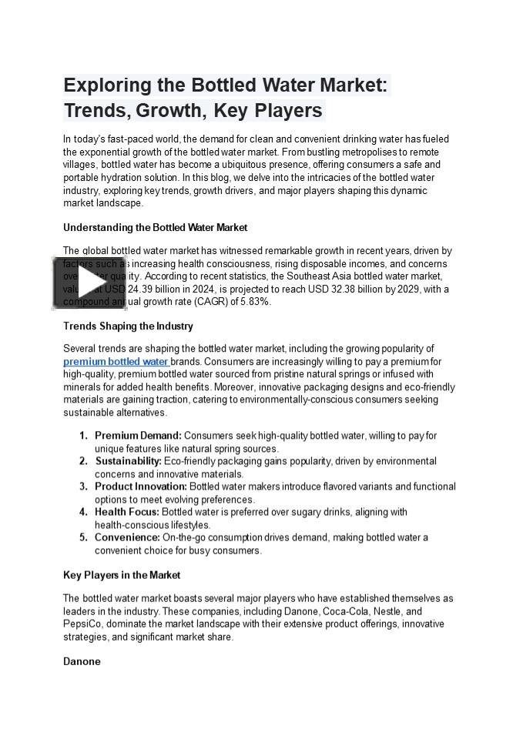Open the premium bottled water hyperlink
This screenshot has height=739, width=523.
coord(116,362)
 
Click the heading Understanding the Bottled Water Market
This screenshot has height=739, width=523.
coord(155,228)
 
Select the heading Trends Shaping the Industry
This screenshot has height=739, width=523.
coord(128,326)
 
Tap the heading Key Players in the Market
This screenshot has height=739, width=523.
coord(122,575)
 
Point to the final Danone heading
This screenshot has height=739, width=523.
coord(82,661)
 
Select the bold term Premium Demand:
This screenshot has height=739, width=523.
coord(138,436)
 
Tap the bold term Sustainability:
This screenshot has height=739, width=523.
coord(129,461)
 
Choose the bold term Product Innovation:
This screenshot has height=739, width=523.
coord(140,487)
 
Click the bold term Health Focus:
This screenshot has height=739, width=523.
coord(127,512)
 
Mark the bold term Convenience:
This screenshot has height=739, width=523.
coord(127,537)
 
